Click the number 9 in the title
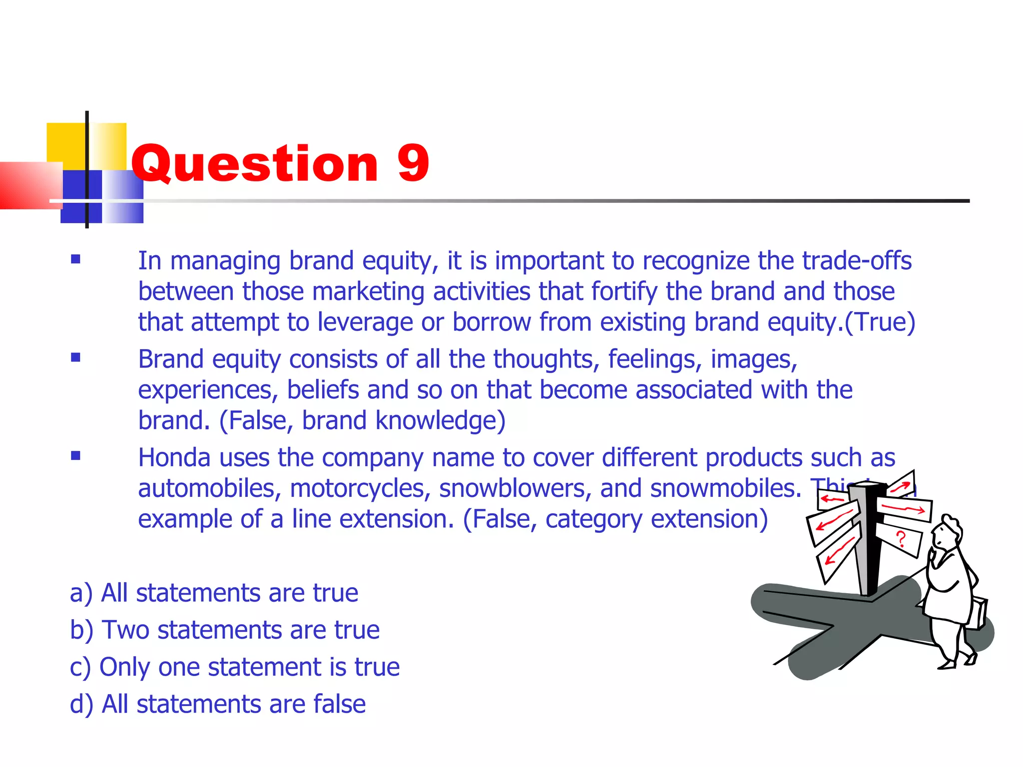pos(413,163)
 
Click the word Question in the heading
pos(255,163)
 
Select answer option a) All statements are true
pos(214,593)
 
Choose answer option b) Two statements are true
pos(225,630)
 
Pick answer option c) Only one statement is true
pos(235,667)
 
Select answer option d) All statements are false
pos(218,704)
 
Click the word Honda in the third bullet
pos(174,457)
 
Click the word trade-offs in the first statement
pos(857,261)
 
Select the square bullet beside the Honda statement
pos(75,455)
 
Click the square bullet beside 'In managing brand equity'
pos(75,259)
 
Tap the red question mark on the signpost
pos(901,539)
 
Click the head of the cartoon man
pos(947,531)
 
